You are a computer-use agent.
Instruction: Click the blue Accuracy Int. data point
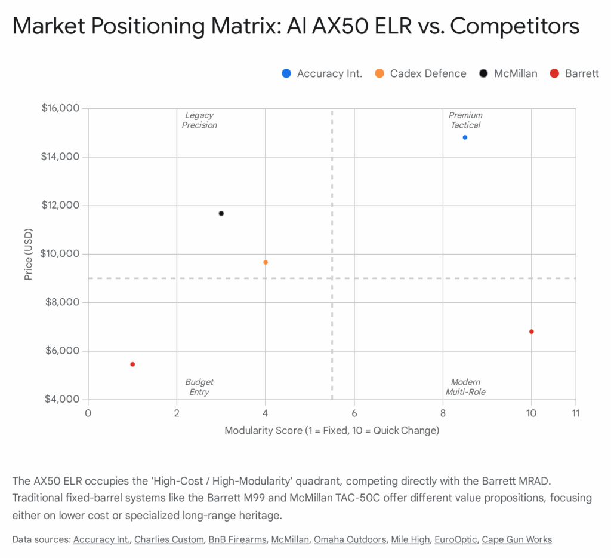tap(465, 137)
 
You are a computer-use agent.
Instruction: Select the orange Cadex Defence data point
tap(266, 262)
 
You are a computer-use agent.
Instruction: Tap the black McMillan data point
tap(221, 213)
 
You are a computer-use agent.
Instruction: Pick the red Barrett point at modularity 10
tap(531, 332)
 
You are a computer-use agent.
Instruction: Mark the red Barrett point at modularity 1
tap(132, 364)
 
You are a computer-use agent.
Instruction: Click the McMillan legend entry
tap(508, 73)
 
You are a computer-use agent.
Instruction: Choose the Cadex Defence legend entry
tap(421, 73)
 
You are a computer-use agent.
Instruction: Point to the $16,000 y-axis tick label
tap(61, 108)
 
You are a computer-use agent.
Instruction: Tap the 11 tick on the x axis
tap(575, 413)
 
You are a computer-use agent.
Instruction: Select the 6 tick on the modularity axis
tap(354, 413)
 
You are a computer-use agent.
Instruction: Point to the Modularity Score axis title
tap(332, 430)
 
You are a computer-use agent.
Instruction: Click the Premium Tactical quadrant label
tap(465, 120)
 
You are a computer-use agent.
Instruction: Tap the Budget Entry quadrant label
tap(199, 387)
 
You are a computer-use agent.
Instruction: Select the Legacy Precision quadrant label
tap(199, 120)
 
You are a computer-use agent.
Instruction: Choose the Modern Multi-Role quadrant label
tap(465, 387)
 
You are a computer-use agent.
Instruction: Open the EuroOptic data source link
tap(456, 539)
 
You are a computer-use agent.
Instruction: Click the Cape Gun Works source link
tap(517, 539)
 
